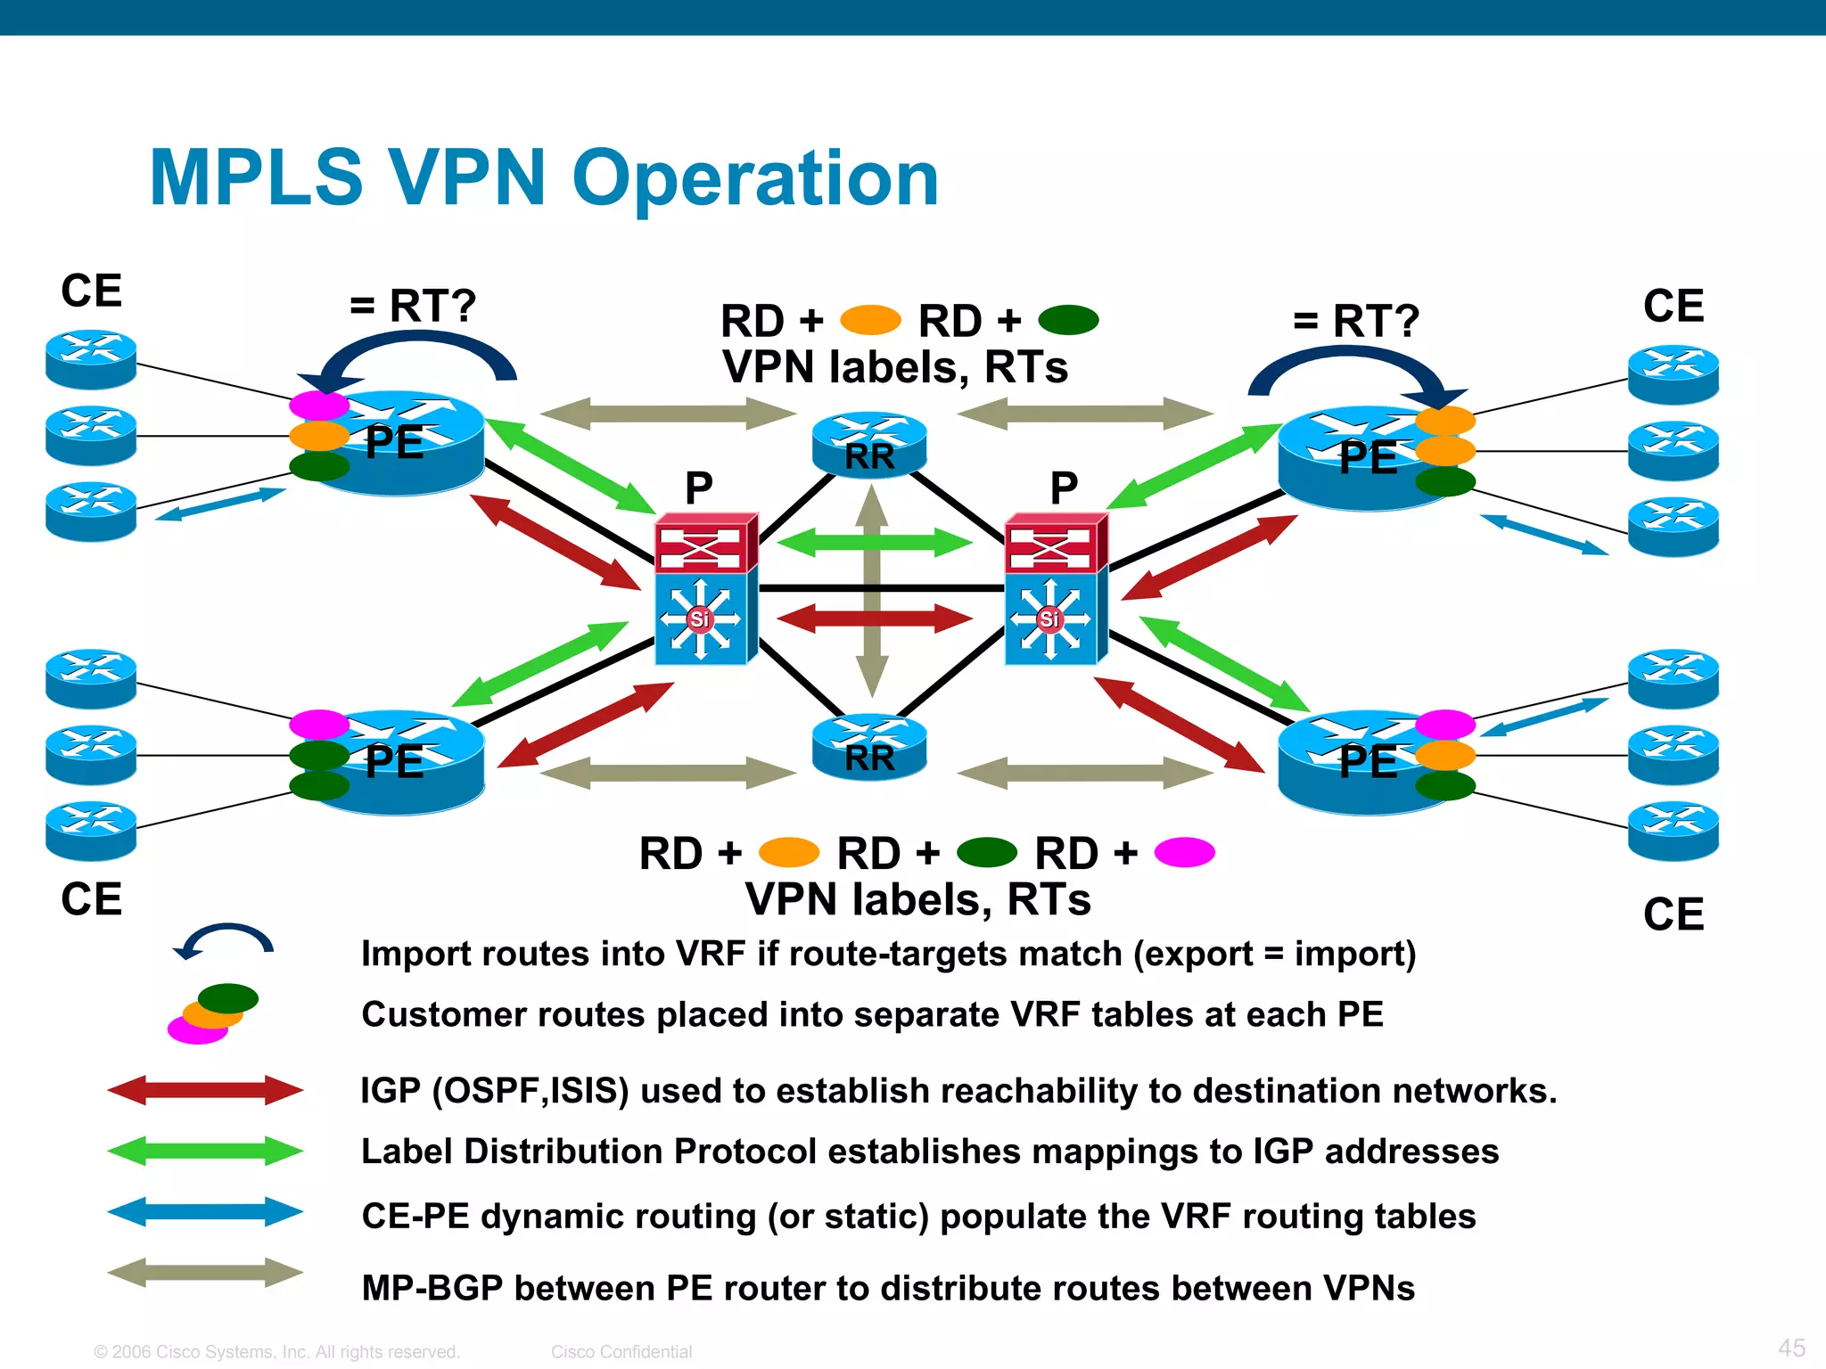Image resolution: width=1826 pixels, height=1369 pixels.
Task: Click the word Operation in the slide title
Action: (755, 179)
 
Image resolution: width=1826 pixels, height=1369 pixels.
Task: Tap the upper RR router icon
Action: (869, 444)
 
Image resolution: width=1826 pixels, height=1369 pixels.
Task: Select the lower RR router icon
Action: (869, 747)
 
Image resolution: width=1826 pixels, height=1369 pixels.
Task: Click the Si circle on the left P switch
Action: (700, 619)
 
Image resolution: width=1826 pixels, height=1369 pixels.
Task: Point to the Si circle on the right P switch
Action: (1049, 619)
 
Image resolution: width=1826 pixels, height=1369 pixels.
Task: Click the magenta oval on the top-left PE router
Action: (318, 406)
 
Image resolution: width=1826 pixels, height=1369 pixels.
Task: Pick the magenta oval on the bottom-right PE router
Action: (1444, 724)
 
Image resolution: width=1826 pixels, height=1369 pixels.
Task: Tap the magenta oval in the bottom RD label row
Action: (1184, 852)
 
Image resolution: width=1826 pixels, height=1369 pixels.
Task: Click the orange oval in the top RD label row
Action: (870, 320)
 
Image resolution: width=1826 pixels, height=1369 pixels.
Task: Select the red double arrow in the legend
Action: (205, 1090)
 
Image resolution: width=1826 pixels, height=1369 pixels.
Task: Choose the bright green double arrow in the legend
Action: (205, 1151)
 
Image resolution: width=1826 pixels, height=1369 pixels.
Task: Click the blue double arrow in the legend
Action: (205, 1212)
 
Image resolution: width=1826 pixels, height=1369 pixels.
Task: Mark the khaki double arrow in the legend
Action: (205, 1273)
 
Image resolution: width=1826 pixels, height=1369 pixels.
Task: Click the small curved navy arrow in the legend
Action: (225, 939)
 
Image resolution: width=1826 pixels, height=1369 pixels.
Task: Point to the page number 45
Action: (1791, 1348)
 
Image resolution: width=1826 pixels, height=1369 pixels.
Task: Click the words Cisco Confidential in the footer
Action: (621, 1352)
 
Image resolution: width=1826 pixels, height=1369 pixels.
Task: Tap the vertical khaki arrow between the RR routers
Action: (871, 593)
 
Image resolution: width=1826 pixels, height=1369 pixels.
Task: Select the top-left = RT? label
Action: (413, 306)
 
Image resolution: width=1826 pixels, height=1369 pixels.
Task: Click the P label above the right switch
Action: (1064, 488)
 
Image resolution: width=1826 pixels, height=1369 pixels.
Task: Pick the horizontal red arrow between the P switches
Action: (874, 618)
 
